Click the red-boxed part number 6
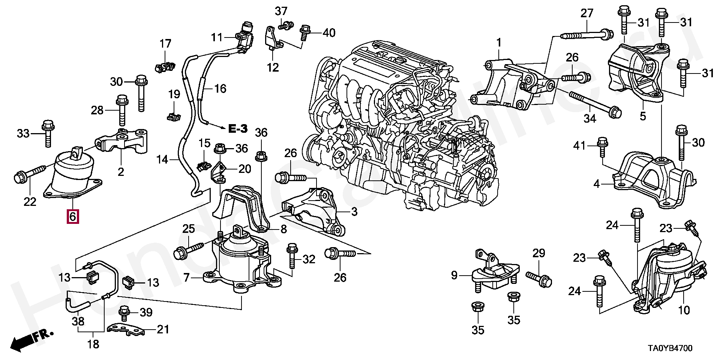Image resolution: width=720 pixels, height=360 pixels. [x=73, y=216]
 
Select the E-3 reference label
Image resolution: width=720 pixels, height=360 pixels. [x=238, y=129]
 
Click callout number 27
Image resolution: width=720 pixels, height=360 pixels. [x=587, y=13]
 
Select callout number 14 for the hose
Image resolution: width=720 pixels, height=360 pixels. [x=163, y=160]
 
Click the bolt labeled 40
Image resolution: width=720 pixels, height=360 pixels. [x=305, y=33]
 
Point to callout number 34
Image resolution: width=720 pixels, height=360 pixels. [x=590, y=119]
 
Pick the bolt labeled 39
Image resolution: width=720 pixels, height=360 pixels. [x=124, y=312]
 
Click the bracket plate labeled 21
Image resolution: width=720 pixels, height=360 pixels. [x=126, y=330]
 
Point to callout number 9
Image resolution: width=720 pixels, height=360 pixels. [x=454, y=276]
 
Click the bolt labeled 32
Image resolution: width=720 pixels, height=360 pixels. [x=292, y=256]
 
